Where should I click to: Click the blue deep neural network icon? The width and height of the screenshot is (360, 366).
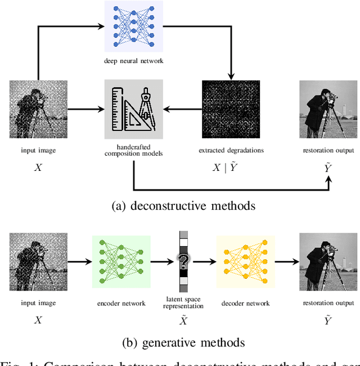pyautogui.click(x=133, y=27)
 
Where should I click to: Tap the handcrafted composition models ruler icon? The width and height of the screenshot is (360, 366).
pyautogui.click(x=133, y=109)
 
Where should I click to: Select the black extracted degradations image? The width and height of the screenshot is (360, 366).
pyautogui.click(x=231, y=109)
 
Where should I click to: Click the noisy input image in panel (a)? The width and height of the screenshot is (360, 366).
pyautogui.click(x=38, y=109)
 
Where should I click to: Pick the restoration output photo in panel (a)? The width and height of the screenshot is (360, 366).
pyautogui.click(x=328, y=109)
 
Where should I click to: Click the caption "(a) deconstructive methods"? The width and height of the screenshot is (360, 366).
pyautogui.click(x=183, y=206)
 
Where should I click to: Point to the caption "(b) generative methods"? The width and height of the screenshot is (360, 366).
pyautogui.click(x=183, y=342)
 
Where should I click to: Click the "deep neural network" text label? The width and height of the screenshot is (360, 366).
pyautogui.click(x=133, y=61)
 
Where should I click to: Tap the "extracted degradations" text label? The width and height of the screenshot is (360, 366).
pyautogui.click(x=231, y=150)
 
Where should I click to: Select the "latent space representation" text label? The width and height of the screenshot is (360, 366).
pyautogui.click(x=183, y=303)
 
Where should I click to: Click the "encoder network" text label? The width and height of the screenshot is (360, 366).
pyautogui.click(x=121, y=303)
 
